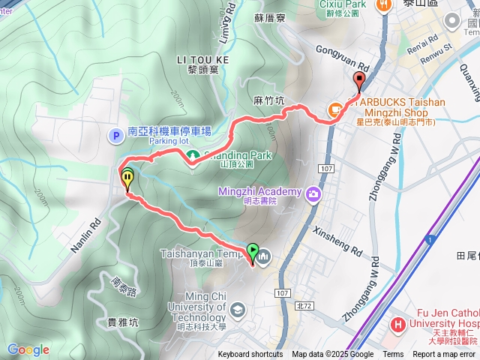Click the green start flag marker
[253, 252]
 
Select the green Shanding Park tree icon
[193, 155]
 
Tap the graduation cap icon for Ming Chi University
[238, 309]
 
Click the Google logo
[28, 349]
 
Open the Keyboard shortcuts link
[250, 355]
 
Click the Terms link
[393, 355]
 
